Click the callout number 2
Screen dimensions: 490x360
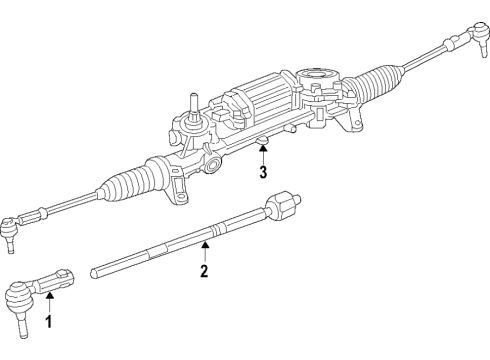204,271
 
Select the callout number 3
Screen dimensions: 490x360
262,173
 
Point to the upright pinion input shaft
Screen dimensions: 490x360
186,106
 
